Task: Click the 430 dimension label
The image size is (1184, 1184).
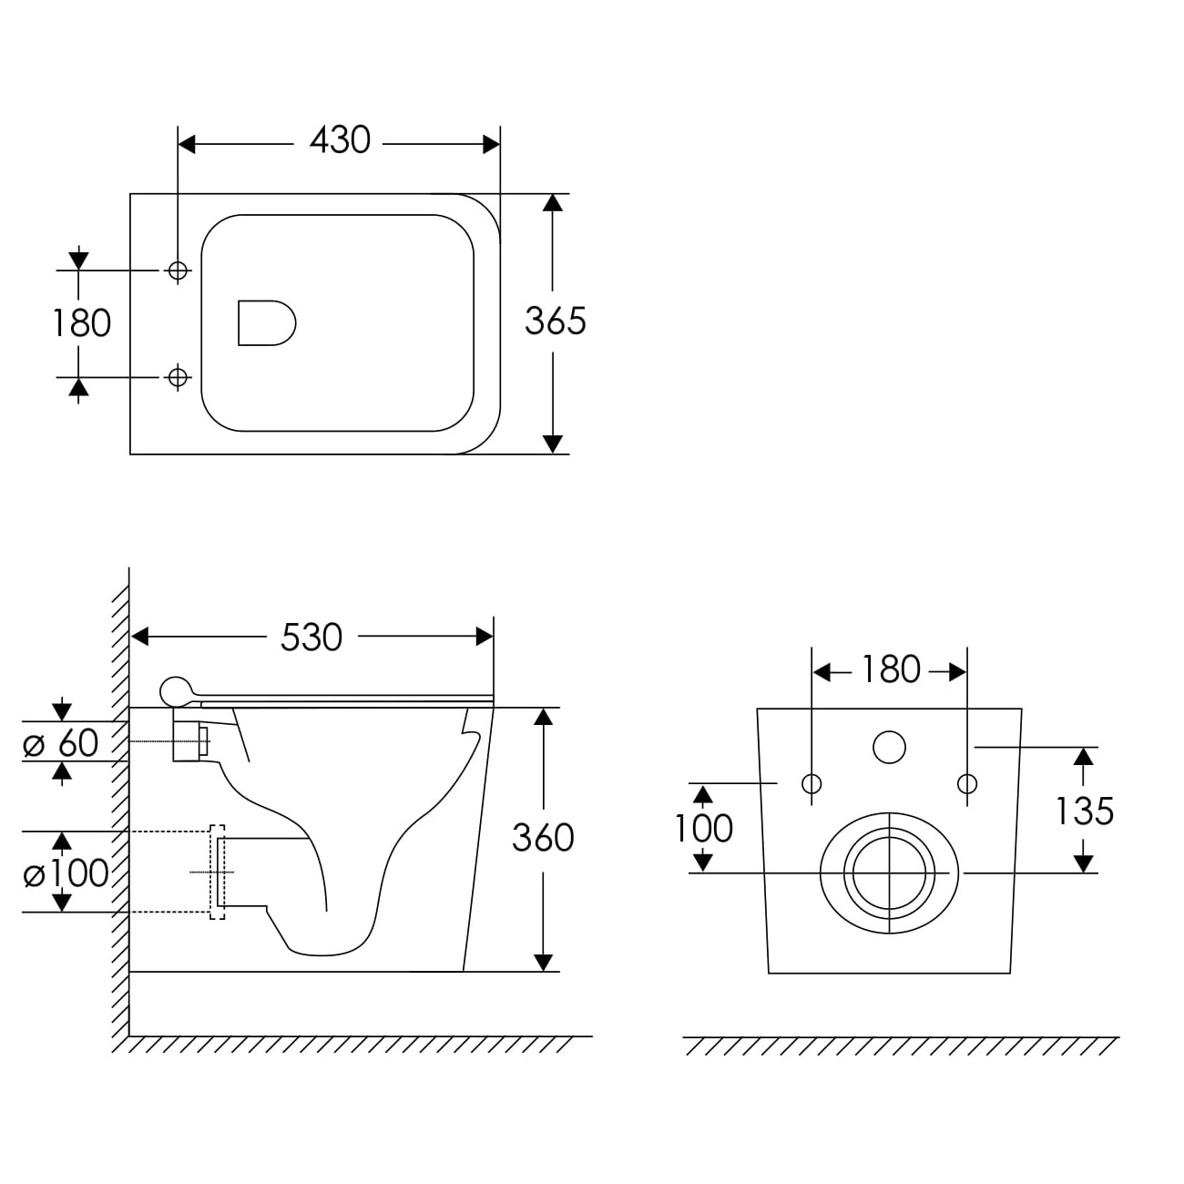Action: [x=340, y=140]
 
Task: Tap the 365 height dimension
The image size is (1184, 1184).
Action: [x=556, y=321]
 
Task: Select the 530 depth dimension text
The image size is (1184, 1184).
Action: [x=311, y=638]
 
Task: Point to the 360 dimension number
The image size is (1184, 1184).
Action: [x=543, y=838]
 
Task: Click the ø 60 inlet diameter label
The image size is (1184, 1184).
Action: [x=61, y=743]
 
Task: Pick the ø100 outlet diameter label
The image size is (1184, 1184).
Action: [x=66, y=873]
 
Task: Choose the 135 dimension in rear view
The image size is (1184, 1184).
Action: [x=1085, y=811]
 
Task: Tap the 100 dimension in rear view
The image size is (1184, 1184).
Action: [x=703, y=828]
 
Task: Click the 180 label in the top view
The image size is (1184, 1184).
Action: [x=82, y=323]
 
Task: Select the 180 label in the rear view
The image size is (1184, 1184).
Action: [x=891, y=669]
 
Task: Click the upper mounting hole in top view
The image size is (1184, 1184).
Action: [x=178, y=270]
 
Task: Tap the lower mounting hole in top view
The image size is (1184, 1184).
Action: [x=178, y=377]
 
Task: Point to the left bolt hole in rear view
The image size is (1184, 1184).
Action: [x=811, y=784]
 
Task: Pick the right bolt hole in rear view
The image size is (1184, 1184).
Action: [x=967, y=784]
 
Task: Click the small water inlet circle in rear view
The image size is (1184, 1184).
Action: [x=889, y=747]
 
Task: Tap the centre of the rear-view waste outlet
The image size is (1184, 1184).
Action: [x=889, y=873]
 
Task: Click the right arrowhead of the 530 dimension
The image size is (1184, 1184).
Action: [x=485, y=637]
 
